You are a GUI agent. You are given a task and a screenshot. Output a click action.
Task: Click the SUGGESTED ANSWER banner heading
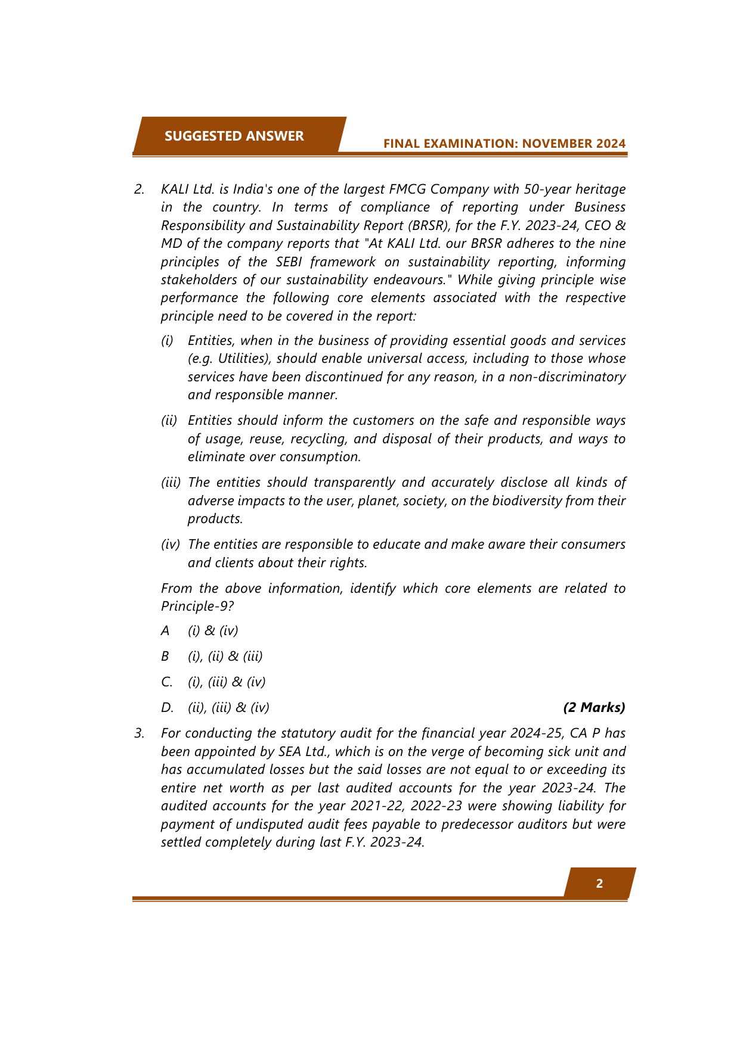click(234, 136)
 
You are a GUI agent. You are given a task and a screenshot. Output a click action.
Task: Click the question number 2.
click(139, 189)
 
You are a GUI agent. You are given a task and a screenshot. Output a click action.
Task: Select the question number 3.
click(139, 733)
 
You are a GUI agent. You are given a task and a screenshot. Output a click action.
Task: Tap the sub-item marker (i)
click(167, 341)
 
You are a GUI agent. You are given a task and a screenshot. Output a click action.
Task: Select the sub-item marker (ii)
click(169, 421)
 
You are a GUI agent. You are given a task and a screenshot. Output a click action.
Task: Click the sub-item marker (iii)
click(171, 483)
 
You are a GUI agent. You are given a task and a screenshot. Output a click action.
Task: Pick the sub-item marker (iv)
click(170, 545)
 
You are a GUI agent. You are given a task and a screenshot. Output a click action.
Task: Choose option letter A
click(165, 630)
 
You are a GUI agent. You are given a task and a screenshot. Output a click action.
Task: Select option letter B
click(165, 656)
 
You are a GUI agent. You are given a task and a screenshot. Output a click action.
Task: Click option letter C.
click(166, 682)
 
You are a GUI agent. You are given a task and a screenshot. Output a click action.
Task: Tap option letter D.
click(166, 708)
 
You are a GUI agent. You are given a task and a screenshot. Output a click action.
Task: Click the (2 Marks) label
click(594, 708)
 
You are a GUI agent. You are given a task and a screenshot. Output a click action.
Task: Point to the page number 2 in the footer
click(599, 884)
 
